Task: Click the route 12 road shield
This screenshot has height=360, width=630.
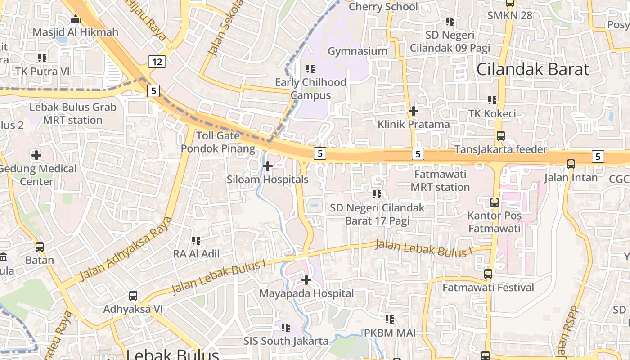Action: pyautogui.click(x=157, y=62)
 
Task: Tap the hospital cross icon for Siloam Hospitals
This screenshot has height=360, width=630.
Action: pyautogui.click(x=268, y=166)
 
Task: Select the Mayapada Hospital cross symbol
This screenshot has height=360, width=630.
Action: pyautogui.click(x=306, y=280)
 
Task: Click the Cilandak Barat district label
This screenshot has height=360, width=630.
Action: pyautogui.click(x=532, y=69)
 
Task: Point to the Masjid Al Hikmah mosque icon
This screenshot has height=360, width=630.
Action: pyautogui.click(x=76, y=19)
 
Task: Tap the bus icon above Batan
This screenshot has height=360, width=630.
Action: pyautogui.click(x=40, y=247)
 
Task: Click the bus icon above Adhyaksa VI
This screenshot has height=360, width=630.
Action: pyautogui.click(x=133, y=296)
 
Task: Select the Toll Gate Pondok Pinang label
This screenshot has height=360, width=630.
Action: pyautogui.click(x=218, y=142)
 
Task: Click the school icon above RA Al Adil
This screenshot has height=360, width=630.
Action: pyautogui.click(x=196, y=241)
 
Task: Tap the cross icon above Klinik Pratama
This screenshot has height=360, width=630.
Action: pyautogui.click(x=413, y=111)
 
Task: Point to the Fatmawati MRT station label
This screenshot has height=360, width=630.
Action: pyautogui.click(x=441, y=180)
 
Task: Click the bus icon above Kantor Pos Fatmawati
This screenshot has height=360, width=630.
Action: pyautogui.click(x=495, y=202)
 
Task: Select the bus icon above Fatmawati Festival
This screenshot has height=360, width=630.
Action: pyautogui.click(x=488, y=274)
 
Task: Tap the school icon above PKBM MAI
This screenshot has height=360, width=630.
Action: pyautogui.click(x=390, y=319)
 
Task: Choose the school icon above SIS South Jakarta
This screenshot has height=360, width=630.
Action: pyautogui.click(x=286, y=327)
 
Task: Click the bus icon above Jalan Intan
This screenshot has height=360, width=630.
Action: pyautogui.click(x=571, y=164)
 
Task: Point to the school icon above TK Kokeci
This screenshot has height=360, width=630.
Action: pyautogui.click(x=492, y=100)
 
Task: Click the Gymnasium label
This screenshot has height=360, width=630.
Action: pyautogui.click(x=357, y=51)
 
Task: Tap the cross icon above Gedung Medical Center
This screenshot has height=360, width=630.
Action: pyautogui.click(x=36, y=155)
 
